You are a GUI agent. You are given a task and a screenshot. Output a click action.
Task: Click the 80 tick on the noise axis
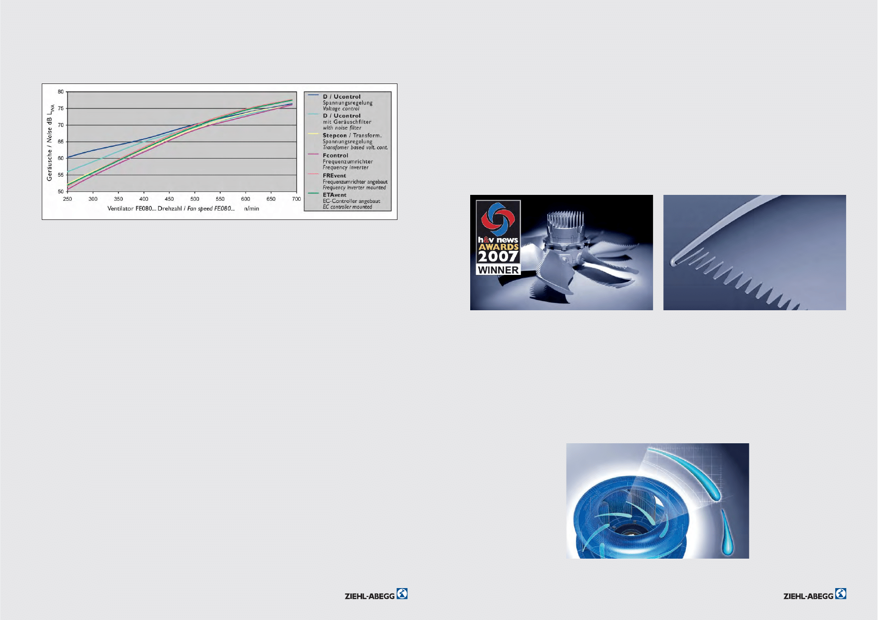point(61,92)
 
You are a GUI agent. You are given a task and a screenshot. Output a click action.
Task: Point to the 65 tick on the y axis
point(61,142)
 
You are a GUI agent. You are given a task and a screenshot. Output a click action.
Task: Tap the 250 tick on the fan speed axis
point(67,199)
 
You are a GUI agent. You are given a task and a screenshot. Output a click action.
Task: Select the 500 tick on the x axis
point(195,199)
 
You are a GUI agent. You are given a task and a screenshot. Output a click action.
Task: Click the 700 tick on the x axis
point(296,199)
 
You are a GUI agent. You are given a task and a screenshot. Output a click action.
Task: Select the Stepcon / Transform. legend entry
point(352,135)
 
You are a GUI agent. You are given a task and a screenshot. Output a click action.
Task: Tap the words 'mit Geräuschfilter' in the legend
point(347,122)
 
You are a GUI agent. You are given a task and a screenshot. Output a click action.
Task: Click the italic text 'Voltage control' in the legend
point(341,108)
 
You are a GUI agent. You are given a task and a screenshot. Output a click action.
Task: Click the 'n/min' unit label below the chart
point(252,209)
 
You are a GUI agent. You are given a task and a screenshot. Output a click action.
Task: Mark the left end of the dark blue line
point(67,158)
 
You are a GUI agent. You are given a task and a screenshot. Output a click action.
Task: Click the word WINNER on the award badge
point(498,270)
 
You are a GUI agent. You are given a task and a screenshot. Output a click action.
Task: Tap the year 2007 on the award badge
point(498,256)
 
